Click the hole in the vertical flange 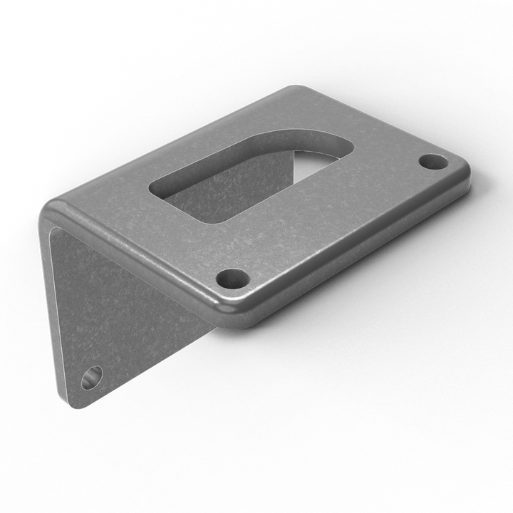[92, 377]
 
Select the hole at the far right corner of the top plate [432, 162]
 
